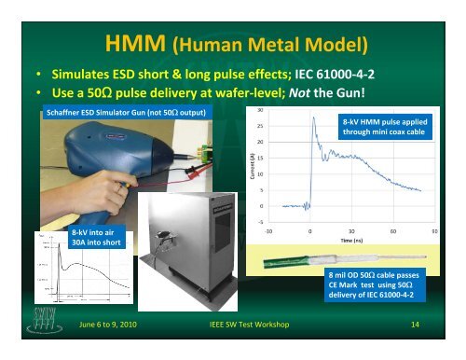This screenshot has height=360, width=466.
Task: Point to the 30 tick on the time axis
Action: pyautogui.click(x=350, y=229)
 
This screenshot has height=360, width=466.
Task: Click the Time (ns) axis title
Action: pyautogui.click(x=350, y=239)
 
